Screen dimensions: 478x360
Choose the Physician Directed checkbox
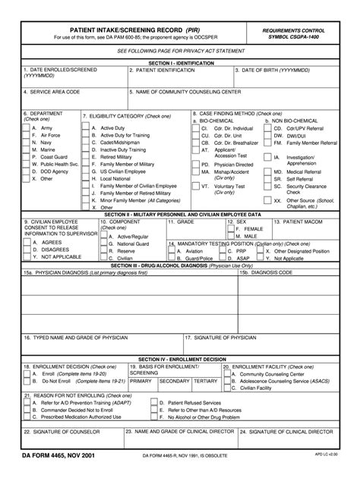196,164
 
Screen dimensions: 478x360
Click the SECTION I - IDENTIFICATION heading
180,61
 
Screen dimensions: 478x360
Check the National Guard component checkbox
103,243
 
